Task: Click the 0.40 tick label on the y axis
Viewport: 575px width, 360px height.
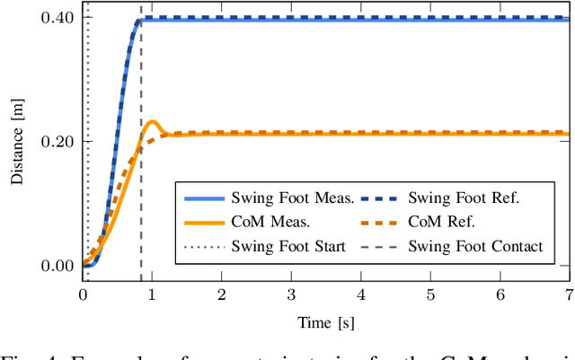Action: tap(59, 17)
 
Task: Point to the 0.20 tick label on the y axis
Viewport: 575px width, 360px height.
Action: tap(59, 141)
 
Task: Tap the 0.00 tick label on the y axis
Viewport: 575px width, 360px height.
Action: tap(59, 266)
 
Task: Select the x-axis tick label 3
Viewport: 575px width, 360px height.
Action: tap(291, 294)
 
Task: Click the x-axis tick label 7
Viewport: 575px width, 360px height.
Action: tap(568, 294)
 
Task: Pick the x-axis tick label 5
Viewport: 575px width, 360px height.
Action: tap(429, 294)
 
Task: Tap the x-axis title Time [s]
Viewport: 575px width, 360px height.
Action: tap(325, 320)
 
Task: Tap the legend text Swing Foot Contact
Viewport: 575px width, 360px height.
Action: tap(475, 245)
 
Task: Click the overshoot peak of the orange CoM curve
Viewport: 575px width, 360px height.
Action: tap(152, 122)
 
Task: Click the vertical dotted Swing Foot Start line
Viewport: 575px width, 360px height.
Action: tap(87, 135)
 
